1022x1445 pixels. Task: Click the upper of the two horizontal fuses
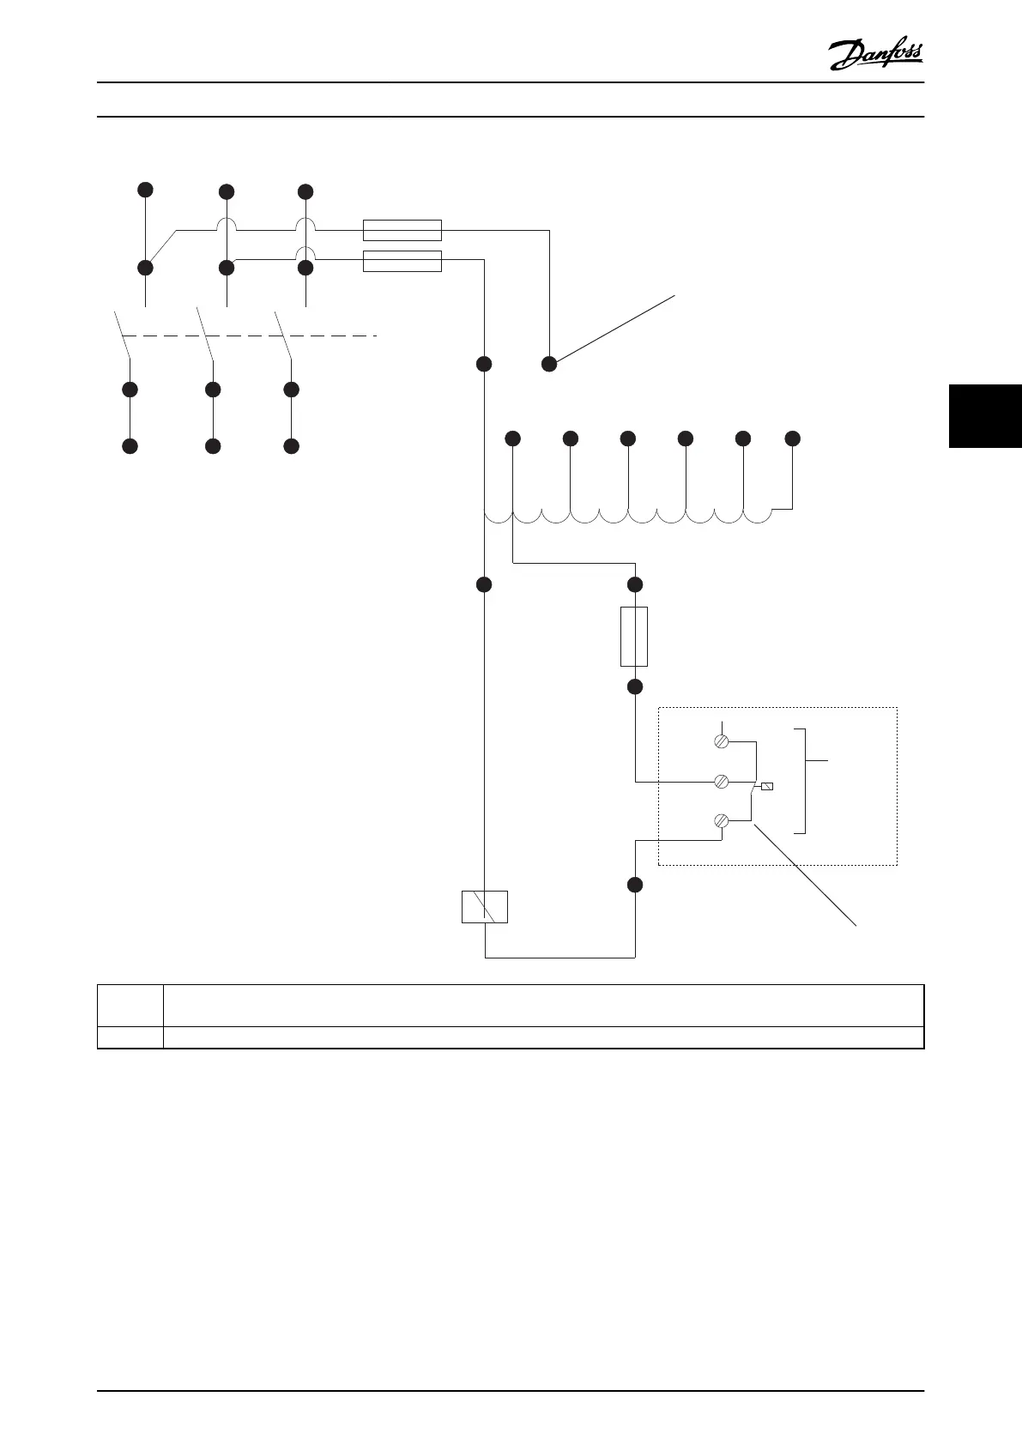tap(402, 230)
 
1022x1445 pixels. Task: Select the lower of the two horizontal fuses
tap(402, 261)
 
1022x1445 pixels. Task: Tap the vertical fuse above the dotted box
tap(634, 636)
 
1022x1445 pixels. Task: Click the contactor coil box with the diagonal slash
tap(485, 906)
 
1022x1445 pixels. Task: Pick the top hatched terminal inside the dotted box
tap(722, 741)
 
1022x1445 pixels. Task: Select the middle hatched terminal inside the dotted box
tap(722, 782)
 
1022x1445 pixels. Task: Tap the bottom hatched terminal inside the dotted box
tap(722, 822)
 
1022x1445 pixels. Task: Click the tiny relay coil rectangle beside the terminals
tap(767, 786)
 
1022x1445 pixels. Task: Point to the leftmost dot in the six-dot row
tap(512, 438)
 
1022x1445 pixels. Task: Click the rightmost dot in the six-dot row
tap(793, 438)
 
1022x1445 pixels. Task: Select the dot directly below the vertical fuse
tap(635, 686)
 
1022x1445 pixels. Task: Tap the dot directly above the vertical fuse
tap(635, 584)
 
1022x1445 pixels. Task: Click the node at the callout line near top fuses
tap(549, 364)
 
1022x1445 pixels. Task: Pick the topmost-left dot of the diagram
tap(146, 189)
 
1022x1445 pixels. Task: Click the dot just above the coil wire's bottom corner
tap(635, 885)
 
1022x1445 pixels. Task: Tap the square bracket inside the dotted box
tap(804, 780)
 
